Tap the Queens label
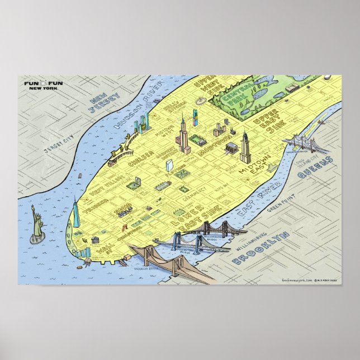(x=316, y=168)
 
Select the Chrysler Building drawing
(x=245, y=148)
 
